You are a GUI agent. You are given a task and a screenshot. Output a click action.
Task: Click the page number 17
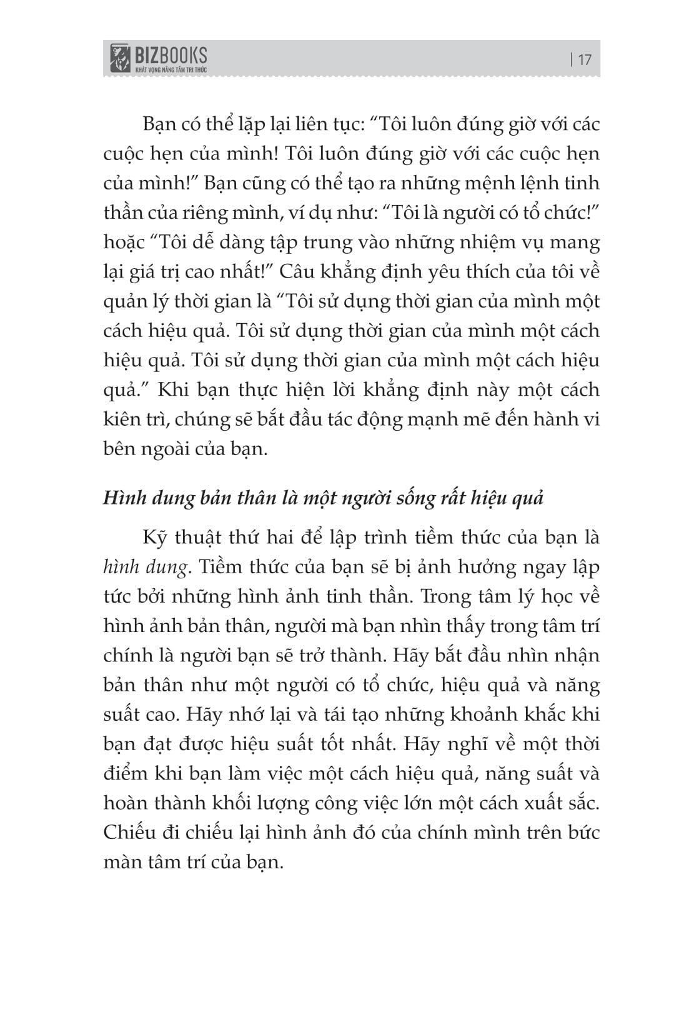coord(584,60)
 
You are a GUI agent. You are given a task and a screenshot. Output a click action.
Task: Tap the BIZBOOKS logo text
coord(171,55)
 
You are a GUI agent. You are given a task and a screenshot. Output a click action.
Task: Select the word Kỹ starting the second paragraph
coord(155,538)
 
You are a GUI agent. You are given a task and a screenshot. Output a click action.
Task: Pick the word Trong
coord(447,596)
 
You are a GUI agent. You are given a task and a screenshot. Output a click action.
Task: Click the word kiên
coord(122,419)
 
